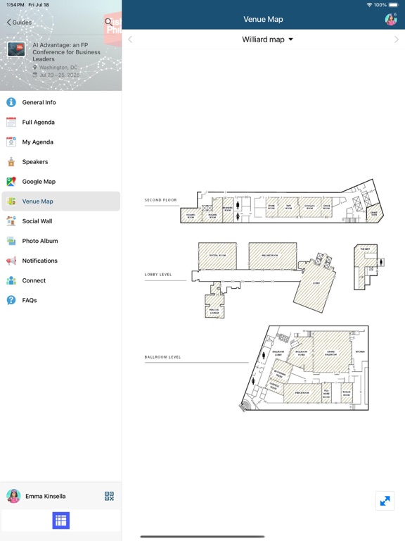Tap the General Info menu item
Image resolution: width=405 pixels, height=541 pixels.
tap(39, 102)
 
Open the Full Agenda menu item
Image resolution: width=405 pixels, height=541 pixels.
tap(38, 122)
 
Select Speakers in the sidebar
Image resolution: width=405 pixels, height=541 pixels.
tap(35, 161)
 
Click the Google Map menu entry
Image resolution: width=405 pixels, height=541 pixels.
tap(39, 181)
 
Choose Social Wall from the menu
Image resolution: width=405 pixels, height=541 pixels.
tap(37, 221)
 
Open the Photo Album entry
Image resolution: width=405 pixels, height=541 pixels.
tap(40, 241)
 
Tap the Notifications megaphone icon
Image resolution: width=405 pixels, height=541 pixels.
tap(11, 261)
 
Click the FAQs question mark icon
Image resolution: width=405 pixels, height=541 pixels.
tap(11, 300)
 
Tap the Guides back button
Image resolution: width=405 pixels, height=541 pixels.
tap(19, 23)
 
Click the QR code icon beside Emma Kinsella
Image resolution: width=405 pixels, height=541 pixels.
tap(109, 496)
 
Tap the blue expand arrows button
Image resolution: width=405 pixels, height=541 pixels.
tap(385, 501)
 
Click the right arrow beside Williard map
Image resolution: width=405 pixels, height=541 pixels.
tap(397, 39)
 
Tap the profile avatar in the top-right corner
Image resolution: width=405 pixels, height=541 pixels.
tap(390, 20)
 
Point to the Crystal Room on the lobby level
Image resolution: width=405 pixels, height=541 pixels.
tap(217, 256)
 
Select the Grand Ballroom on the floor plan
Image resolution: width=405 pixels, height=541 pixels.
tap(331, 351)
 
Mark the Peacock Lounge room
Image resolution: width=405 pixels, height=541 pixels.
tap(214, 310)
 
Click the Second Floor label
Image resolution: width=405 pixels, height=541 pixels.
tap(161, 200)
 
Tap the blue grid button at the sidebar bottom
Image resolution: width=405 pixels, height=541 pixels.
tap(60, 521)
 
